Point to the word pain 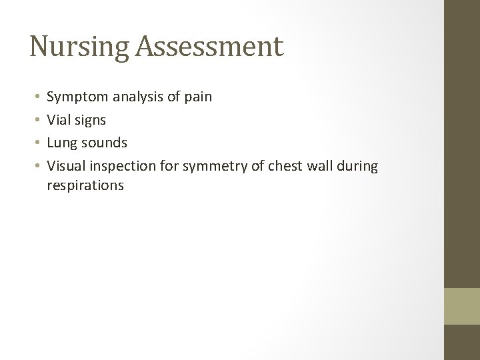pyautogui.click(x=199, y=97)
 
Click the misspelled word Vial pyautogui.click(x=60, y=119)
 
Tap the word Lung pyautogui.click(x=63, y=142)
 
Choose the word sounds pyautogui.click(x=104, y=142)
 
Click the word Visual pyautogui.click(x=67, y=165)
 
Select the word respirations pyautogui.click(x=85, y=185)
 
